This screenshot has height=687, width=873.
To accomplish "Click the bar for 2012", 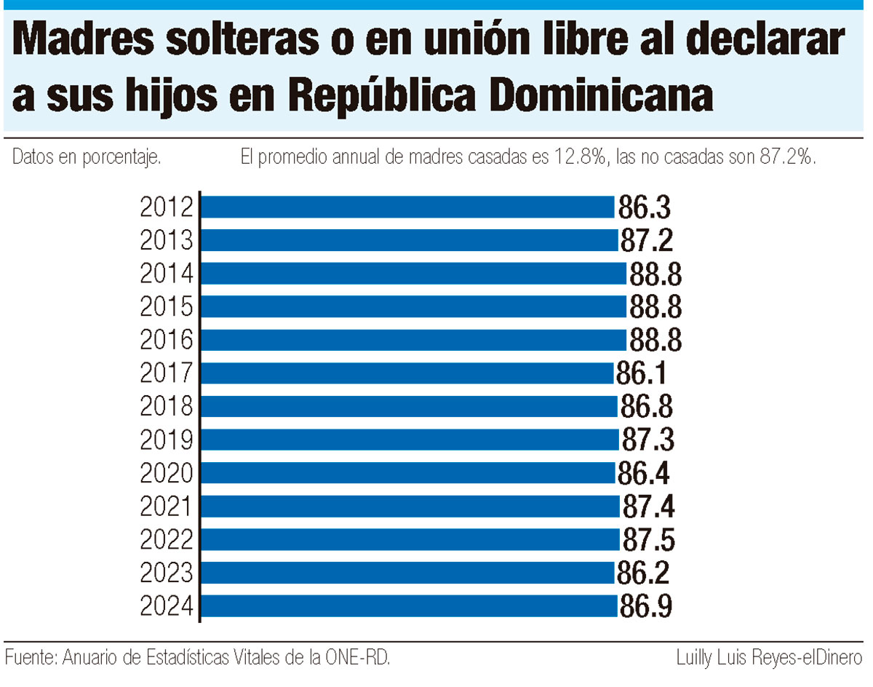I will (x=407, y=207).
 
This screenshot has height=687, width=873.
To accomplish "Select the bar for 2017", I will (x=407, y=373).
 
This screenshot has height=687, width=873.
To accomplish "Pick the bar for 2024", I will (x=410, y=606).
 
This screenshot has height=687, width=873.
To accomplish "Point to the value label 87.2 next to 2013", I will (x=646, y=240).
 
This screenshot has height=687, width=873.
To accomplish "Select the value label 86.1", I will (x=642, y=374).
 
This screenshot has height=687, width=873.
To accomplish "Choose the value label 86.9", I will (x=645, y=606).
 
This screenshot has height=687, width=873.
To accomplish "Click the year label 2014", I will (x=167, y=274).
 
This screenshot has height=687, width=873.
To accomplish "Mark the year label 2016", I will (x=167, y=340).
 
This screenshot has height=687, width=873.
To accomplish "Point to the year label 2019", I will (x=167, y=440).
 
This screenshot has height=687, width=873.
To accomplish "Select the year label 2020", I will (x=167, y=473).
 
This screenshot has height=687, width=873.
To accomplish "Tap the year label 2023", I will (x=167, y=573).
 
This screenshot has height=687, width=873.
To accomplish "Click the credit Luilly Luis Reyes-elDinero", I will (x=769, y=659).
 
